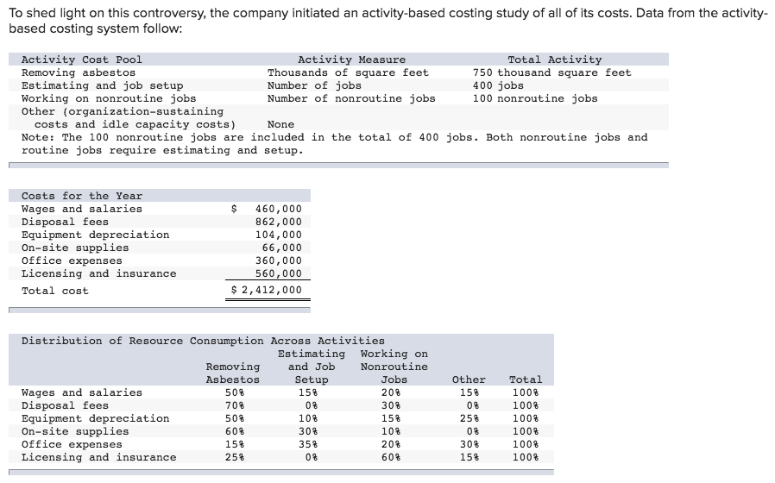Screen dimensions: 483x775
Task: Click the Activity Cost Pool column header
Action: (81, 60)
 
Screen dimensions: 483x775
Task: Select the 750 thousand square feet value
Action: (551, 72)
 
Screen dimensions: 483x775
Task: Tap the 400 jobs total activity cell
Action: (498, 85)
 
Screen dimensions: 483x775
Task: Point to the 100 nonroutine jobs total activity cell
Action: (534, 98)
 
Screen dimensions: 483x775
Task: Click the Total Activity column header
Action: (554, 60)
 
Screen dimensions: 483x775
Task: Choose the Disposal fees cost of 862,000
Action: (279, 222)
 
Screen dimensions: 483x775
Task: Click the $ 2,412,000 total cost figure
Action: (268, 290)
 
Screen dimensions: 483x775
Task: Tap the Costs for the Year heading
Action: (81, 196)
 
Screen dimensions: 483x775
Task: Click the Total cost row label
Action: (54, 291)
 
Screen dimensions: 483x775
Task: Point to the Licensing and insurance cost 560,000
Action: (279, 273)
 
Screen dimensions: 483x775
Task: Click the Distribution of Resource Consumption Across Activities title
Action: (203, 341)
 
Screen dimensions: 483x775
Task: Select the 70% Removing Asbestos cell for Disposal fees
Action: (233, 405)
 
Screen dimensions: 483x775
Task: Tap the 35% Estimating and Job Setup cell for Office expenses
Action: (312, 444)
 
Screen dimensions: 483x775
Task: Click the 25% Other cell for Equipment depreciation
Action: (469, 418)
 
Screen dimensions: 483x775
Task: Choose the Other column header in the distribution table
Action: (469, 379)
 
